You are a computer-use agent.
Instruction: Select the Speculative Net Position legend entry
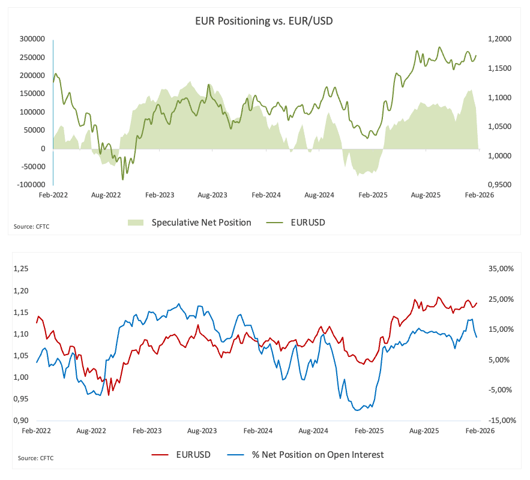(x=201, y=223)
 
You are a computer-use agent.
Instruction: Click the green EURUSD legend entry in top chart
(x=309, y=223)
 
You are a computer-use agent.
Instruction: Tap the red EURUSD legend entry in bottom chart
(x=193, y=454)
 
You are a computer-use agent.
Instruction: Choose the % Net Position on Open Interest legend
(x=315, y=454)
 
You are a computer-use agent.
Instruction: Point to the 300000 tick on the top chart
(x=32, y=39)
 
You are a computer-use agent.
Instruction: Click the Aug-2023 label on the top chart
(x=212, y=196)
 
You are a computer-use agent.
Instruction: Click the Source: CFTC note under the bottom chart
(x=35, y=458)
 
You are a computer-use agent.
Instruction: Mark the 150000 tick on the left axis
(x=32, y=94)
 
